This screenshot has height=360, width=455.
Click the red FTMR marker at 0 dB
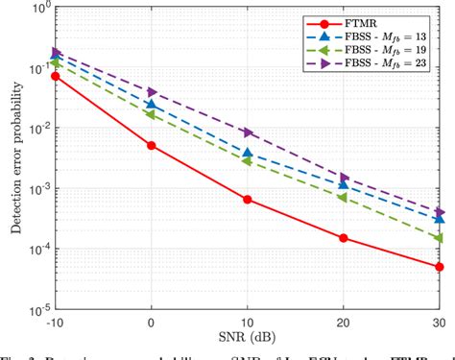point(152,145)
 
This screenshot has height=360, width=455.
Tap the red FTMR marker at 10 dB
point(248,200)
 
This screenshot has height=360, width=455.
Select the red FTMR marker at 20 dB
point(344,238)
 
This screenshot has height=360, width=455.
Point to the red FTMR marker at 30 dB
point(440,267)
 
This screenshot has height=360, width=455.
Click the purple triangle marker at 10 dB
point(248,132)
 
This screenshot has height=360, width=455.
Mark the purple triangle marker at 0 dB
point(152,92)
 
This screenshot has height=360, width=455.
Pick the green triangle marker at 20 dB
point(344,197)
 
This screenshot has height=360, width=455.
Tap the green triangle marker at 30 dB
point(440,238)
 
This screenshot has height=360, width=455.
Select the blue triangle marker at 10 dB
point(248,153)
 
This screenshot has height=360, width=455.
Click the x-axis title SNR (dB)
point(248,340)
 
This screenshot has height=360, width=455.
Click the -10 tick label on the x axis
point(56,324)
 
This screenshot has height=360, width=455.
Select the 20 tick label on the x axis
point(344,324)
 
